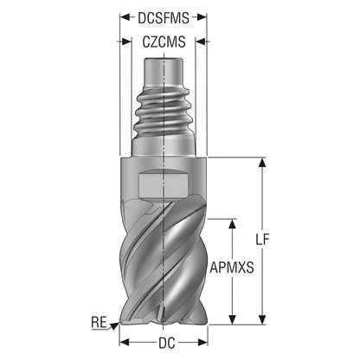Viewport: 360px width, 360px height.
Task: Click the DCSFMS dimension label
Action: [164, 18]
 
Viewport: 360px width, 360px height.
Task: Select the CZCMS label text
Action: [164, 42]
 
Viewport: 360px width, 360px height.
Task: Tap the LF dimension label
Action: [262, 240]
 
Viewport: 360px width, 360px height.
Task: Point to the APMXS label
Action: [232, 267]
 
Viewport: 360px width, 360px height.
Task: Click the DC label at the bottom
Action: [167, 343]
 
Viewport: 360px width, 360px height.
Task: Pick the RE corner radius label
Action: [99, 322]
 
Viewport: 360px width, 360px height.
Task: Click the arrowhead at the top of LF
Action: [262, 162]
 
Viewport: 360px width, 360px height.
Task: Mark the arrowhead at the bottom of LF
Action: [262, 319]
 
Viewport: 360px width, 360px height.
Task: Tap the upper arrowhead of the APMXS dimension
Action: [232, 224]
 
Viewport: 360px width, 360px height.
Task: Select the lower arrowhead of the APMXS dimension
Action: [232, 319]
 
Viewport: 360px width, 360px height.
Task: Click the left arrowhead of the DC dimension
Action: [125, 343]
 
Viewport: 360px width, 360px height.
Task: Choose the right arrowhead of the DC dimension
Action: [202, 343]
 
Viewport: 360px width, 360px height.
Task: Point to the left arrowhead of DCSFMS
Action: [125, 17]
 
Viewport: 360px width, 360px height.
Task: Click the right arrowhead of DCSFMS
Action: [202, 17]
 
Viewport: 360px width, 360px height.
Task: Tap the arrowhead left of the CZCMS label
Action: [126, 42]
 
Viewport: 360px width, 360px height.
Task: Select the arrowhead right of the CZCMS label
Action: [201, 42]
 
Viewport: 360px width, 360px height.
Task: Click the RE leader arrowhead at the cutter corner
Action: [115, 325]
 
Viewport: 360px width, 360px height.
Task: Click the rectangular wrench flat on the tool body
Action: [164, 185]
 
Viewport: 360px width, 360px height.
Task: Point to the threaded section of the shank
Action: [164, 113]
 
